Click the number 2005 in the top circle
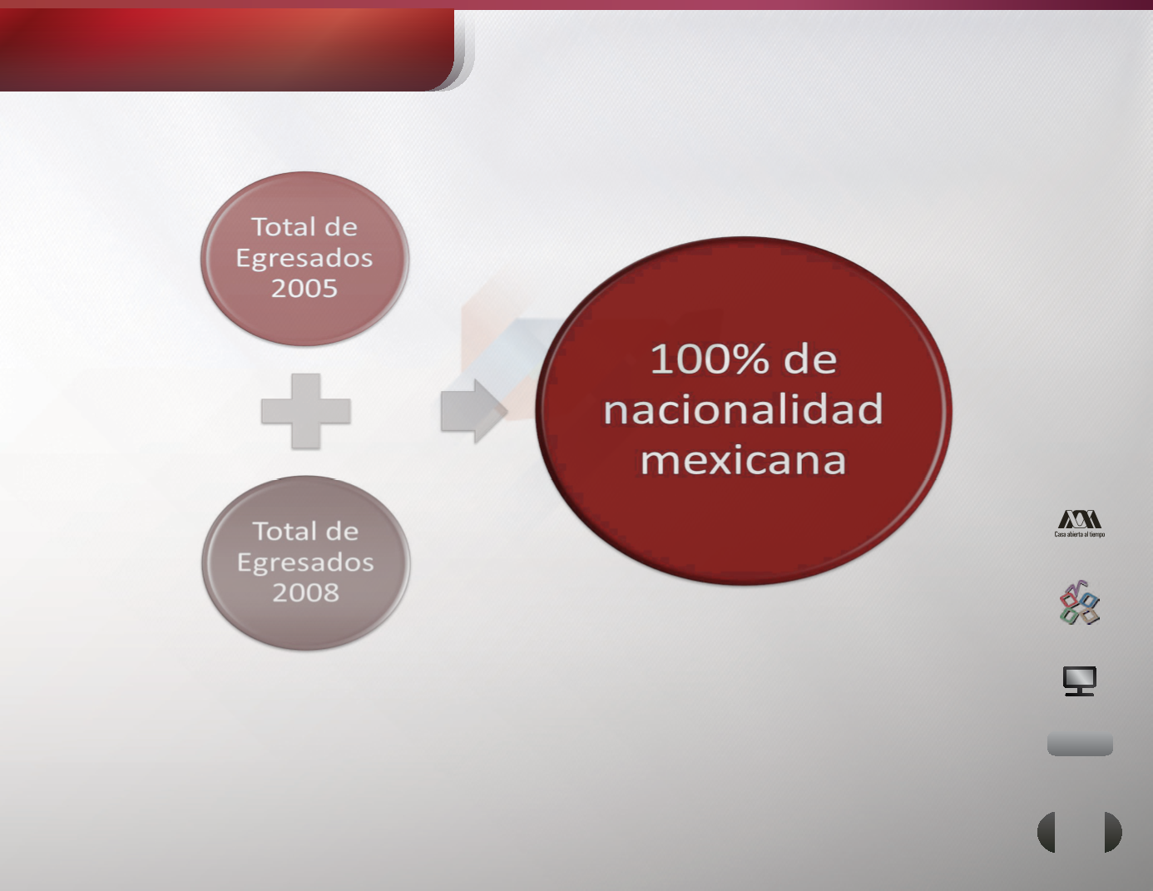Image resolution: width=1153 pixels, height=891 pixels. [x=304, y=288]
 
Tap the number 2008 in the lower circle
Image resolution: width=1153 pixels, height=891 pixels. [x=305, y=592]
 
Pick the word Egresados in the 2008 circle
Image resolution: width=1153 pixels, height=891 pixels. [x=305, y=563]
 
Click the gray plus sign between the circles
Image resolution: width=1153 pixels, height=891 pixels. [x=305, y=411]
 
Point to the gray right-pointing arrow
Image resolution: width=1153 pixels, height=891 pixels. [x=474, y=411]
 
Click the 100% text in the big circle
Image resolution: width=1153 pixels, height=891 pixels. [x=710, y=359]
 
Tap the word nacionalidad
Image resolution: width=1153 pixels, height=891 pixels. [x=744, y=409]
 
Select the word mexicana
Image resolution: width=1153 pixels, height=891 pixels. [x=744, y=460]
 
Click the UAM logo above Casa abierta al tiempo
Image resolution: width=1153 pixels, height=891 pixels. [x=1080, y=519]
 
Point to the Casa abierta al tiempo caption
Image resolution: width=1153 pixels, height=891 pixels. [x=1080, y=534]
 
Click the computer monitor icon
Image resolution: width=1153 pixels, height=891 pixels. [x=1080, y=681]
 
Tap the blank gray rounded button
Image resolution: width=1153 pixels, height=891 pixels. [x=1080, y=745]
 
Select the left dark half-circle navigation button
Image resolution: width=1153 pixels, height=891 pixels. [x=1047, y=832]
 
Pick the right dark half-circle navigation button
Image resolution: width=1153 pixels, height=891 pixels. [x=1113, y=832]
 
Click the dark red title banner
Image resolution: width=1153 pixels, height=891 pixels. [x=227, y=50]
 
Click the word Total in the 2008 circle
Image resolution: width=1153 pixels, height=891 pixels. [x=279, y=532]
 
